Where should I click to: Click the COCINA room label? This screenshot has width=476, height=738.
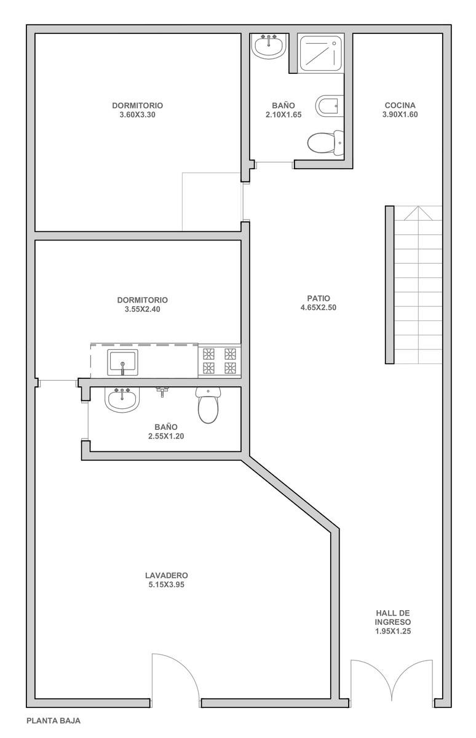click(400, 105)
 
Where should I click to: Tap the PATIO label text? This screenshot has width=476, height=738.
click(318, 298)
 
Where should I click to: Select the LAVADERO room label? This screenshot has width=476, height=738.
click(166, 575)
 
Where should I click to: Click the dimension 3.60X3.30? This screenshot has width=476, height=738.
click(137, 114)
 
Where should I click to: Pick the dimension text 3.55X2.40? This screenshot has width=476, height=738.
click(142, 309)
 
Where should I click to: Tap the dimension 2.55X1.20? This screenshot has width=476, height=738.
click(166, 436)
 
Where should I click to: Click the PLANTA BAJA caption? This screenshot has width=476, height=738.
click(54, 721)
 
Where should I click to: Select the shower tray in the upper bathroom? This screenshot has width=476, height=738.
click(321, 53)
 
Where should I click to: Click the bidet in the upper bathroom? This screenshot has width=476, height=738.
click(330, 106)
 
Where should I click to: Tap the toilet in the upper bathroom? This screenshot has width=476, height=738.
click(325, 143)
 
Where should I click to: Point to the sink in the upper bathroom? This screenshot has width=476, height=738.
click(268, 47)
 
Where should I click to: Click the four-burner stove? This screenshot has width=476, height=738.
click(220, 361)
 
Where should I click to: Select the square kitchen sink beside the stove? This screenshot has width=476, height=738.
click(122, 362)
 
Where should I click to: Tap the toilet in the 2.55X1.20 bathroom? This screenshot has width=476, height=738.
click(208, 405)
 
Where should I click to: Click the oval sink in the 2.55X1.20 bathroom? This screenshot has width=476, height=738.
click(122, 400)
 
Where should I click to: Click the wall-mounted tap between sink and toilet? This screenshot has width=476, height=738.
click(162, 392)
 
